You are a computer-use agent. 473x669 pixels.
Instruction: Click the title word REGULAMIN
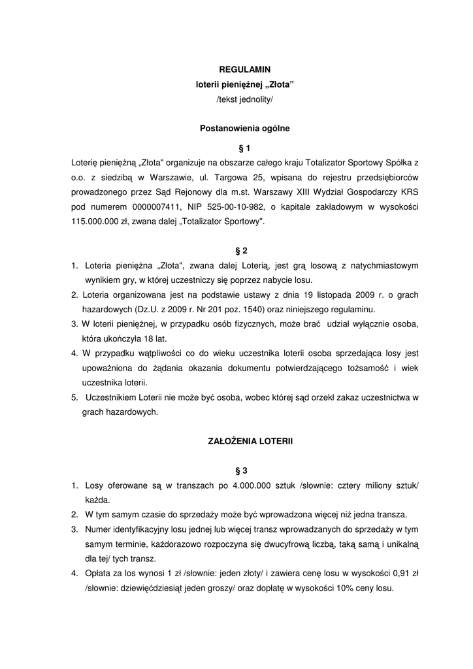(x=244, y=69)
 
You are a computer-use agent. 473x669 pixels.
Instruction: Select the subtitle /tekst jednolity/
(x=244, y=99)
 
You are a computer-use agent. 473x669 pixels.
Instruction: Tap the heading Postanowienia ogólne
(x=244, y=129)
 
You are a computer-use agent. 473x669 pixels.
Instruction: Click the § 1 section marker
(x=244, y=148)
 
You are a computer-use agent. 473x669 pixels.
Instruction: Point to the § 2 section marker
(x=241, y=251)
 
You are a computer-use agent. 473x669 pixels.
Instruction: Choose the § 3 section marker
(x=241, y=470)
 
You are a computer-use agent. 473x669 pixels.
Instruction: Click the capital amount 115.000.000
(x=99, y=221)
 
